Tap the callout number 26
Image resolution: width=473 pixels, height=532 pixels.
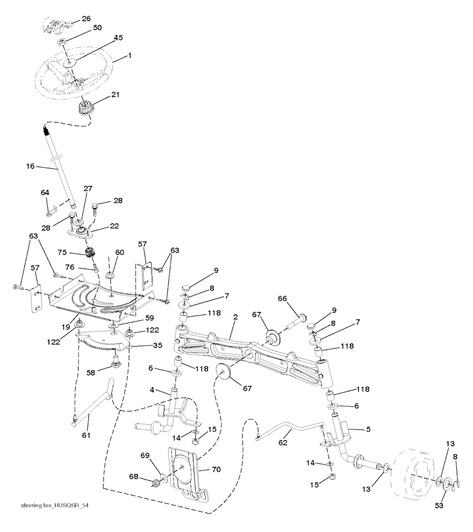click(86, 19)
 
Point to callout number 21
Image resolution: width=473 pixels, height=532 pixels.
click(115, 95)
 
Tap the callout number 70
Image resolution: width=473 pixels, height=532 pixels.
click(216, 470)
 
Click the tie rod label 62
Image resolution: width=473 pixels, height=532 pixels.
click(282, 442)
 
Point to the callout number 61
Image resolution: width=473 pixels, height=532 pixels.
click(86, 435)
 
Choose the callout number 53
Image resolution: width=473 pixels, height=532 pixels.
click(439, 506)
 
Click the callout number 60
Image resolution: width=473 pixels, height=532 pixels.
click(120, 252)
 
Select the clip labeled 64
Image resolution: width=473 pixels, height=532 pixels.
click(51, 210)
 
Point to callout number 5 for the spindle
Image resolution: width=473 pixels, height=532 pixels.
click(368, 429)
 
